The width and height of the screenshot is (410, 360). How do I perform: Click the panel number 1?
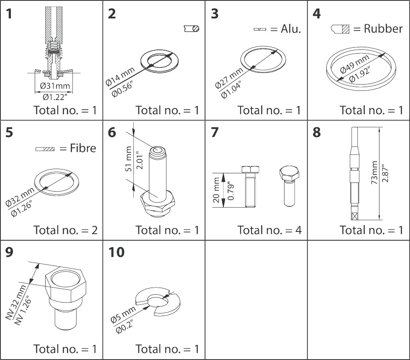(9, 13)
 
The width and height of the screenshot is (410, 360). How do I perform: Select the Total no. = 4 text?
(269, 230)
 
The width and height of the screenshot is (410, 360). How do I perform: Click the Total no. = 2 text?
(65, 230)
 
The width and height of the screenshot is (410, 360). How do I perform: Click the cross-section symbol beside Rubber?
(340, 29)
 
